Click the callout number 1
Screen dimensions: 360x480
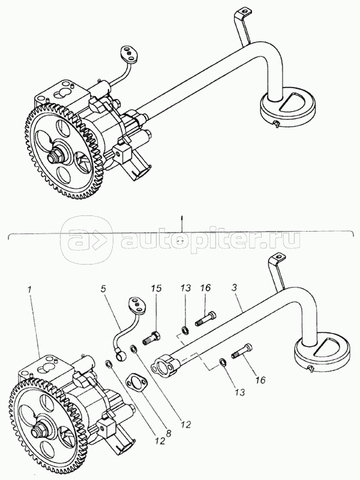pyautogui.click(x=29, y=289)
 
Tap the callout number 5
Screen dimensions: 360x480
pyautogui.click(x=104, y=289)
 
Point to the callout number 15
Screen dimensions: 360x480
pyautogui.click(x=155, y=289)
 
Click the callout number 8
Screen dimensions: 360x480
pyautogui.click(x=168, y=433)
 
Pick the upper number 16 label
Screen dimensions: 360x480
pyautogui.click(x=206, y=289)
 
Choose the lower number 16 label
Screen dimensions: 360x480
pyautogui.click(x=260, y=380)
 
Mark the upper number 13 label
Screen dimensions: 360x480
pyautogui.click(x=185, y=289)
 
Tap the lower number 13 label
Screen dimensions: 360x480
pyautogui.click(x=241, y=392)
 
